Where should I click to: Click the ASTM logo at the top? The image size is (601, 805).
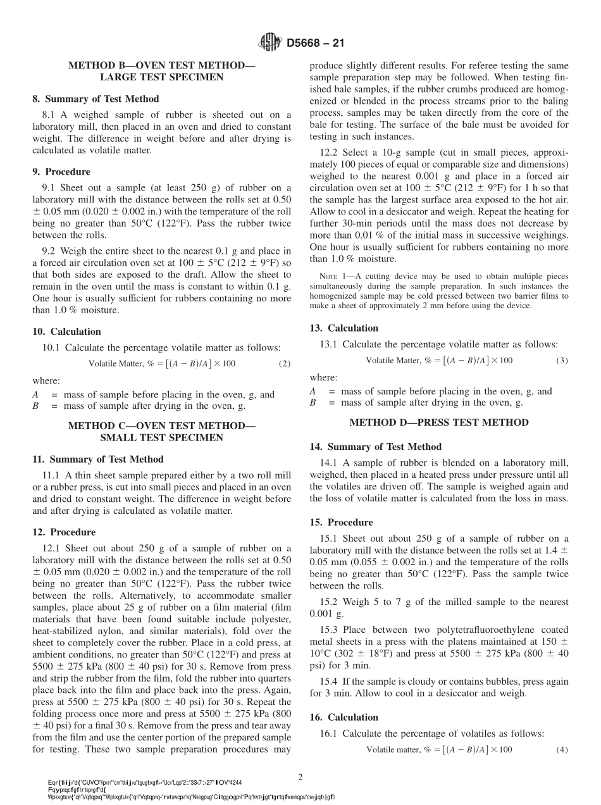(x=270, y=43)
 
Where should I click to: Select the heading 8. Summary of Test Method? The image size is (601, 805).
(x=96, y=99)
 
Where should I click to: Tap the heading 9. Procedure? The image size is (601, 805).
(x=61, y=172)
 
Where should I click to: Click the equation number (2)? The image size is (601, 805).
(x=285, y=363)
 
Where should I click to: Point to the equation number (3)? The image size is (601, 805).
(x=562, y=360)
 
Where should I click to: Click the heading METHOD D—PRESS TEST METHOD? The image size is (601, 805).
(x=439, y=422)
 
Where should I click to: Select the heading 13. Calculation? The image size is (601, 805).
(x=344, y=328)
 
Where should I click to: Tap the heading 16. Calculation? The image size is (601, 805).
(x=344, y=717)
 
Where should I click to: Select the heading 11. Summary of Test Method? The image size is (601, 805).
(x=97, y=459)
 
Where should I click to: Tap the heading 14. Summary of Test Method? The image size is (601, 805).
(x=375, y=447)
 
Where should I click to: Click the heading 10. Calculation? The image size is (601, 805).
(x=66, y=332)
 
